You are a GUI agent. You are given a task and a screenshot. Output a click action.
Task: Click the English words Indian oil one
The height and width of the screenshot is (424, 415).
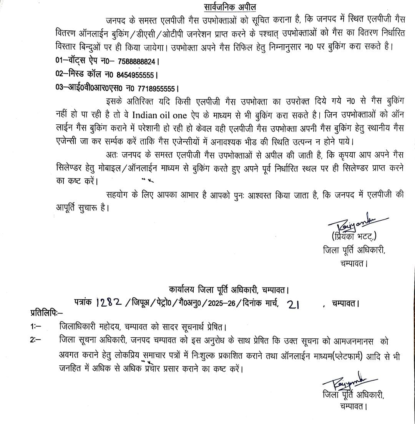(160, 115)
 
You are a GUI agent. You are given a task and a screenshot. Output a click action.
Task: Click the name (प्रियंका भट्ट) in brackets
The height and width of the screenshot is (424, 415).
(354, 236)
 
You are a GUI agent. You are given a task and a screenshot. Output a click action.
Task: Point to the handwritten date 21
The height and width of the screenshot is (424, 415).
(293, 304)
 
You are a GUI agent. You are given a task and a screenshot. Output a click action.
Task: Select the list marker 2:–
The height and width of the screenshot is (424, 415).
(37, 340)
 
